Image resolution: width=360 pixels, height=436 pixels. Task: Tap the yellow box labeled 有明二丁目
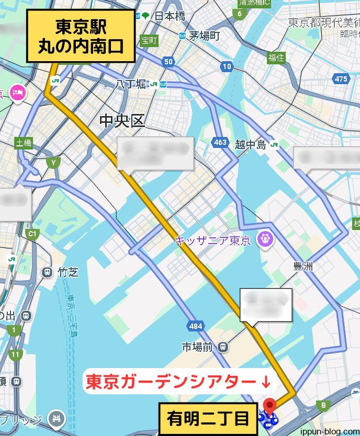point(208,419)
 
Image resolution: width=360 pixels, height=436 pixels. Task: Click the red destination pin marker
point(269,405)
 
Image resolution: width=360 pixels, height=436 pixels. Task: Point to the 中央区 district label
point(122,121)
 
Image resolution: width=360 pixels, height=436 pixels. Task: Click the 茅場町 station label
point(204,36)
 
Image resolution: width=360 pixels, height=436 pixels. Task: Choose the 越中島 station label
point(250,145)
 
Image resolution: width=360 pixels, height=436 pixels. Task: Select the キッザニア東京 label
point(213,240)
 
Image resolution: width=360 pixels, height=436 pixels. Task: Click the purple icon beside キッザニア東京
point(266,240)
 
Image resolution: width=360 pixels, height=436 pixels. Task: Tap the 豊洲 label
point(303,267)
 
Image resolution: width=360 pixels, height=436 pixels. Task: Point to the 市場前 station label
point(197,346)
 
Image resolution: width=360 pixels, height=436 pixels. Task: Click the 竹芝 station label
point(68,272)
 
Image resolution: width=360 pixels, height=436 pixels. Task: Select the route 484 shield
point(195,326)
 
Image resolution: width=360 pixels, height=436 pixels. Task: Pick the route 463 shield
point(220,142)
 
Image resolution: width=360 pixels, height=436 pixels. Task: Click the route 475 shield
point(341,79)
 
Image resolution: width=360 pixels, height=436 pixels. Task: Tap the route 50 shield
point(168,62)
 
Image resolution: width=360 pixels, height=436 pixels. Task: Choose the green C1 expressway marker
point(32,233)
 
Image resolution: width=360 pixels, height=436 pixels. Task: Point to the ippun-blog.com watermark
point(329,430)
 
